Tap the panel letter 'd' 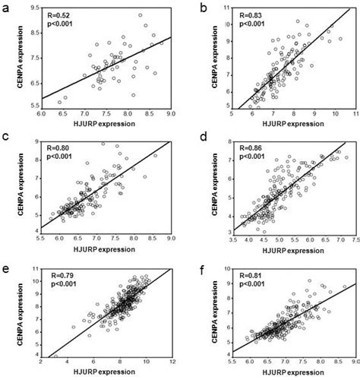(x=200, y=138)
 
